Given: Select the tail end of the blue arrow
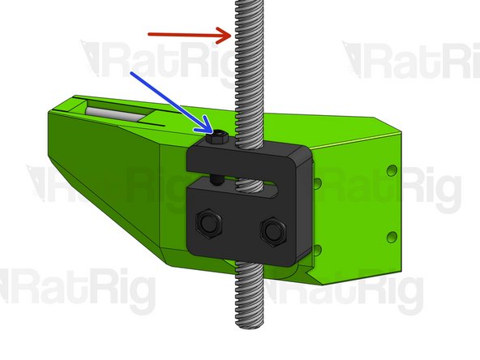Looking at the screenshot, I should click(x=132, y=72).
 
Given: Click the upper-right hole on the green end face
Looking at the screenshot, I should click(x=392, y=172).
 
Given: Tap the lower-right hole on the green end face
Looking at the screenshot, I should click(x=392, y=236).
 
